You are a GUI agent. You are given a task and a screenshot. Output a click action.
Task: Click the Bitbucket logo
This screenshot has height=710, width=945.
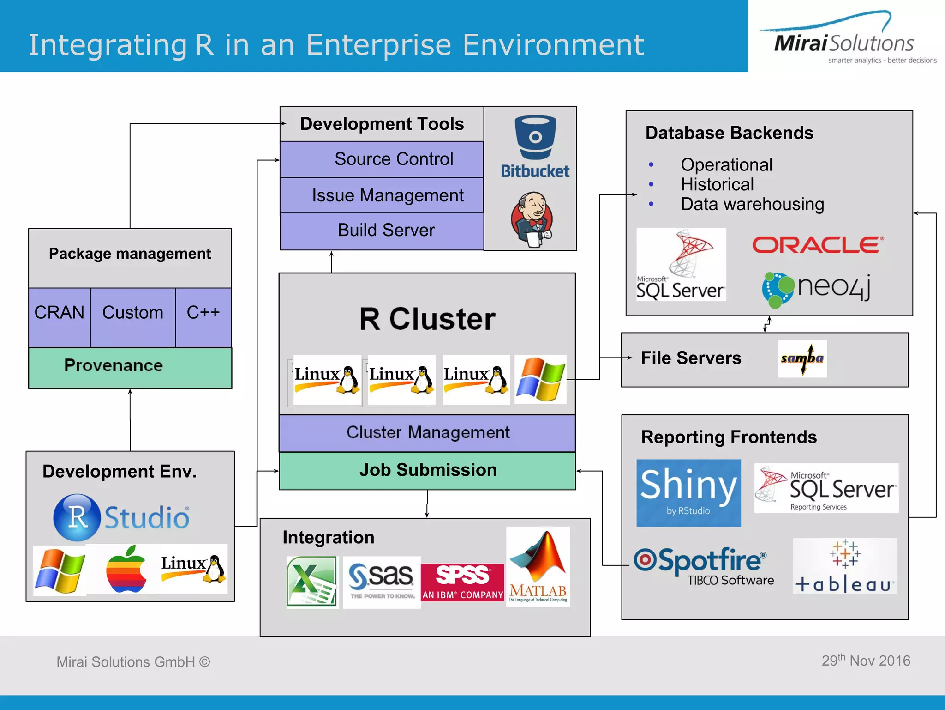pos(535,147)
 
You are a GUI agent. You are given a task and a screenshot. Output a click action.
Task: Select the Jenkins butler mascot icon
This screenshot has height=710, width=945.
pos(532,220)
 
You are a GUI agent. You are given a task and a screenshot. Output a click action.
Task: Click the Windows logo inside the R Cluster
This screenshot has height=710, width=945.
pos(540,379)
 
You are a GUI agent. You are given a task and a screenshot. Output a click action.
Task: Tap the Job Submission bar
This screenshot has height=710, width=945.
pos(427,470)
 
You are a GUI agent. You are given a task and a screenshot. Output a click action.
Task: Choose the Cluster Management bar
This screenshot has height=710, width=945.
pos(427,433)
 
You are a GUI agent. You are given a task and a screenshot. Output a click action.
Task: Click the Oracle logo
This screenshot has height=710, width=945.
pos(818,245)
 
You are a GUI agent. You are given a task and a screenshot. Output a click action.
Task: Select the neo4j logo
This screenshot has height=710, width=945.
pos(816,289)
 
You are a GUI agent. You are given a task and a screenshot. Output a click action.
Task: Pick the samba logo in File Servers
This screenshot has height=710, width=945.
pos(802,359)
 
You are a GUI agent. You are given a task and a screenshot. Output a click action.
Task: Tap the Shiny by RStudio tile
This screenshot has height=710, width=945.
pos(688,493)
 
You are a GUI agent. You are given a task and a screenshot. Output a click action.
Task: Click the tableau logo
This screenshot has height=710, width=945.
pos(845,566)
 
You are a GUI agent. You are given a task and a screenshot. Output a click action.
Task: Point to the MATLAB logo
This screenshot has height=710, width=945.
pos(538,566)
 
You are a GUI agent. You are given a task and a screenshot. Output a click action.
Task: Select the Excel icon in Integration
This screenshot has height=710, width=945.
pos(312,582)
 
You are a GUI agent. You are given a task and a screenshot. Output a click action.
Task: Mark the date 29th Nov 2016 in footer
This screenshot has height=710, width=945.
pos(866,661)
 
